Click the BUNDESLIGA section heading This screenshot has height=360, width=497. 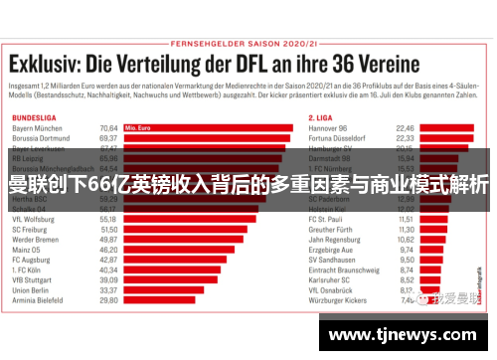[x=33, y=118]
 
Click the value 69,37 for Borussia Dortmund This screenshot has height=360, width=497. [x=109, y=139]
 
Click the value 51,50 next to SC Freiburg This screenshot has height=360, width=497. [x=109, y=230]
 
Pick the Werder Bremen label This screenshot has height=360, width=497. [x=36, y=240]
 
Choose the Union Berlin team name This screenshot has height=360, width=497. [x=32, y=289]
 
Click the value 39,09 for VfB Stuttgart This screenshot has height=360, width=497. [x=109, y=279]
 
